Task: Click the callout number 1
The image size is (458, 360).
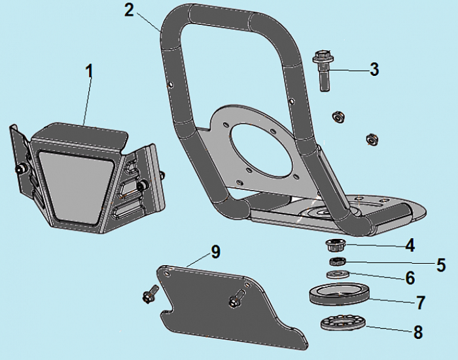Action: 90,71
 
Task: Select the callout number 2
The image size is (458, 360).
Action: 129,10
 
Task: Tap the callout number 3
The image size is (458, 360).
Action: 374,69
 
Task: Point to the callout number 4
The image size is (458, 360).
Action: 410,245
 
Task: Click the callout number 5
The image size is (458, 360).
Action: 441,264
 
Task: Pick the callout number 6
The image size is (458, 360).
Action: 410,278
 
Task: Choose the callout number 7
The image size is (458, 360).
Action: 420,302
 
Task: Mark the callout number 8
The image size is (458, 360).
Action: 418,333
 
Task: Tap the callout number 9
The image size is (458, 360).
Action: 215,251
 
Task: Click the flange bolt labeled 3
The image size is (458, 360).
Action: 323,71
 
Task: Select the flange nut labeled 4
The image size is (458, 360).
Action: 333,245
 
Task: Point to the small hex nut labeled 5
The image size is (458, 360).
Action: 338,261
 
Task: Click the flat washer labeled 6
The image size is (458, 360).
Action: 338,274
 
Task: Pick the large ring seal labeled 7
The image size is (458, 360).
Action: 340,294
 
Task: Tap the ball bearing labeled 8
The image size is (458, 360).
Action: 343,322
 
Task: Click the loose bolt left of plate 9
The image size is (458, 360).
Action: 150,293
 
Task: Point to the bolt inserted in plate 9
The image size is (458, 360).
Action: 236,298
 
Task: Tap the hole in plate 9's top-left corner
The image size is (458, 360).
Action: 167,273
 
